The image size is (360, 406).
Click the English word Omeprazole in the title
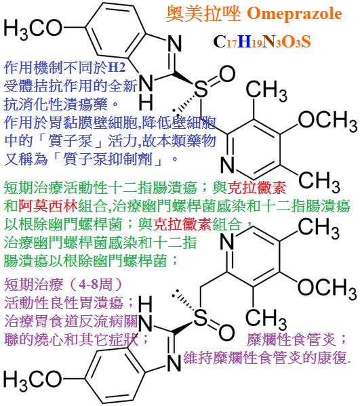pyautogui.click(x=294, y=13)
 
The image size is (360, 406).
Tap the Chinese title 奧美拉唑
pyautogui.click(x=203, y=13)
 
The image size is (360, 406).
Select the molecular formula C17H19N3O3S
pyautogui.click(x=262, y=41)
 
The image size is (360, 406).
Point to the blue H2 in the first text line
pyautogui.click(x=117, y=67)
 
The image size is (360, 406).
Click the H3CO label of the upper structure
pyautogui.click(x=33, y=28)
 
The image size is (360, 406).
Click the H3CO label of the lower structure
pyautogui.click(x=33, y=380)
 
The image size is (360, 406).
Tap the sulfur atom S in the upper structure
pyautogui.click(x=201, y=89)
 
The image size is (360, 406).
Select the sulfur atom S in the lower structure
pyautogui.click(x=201, y=317)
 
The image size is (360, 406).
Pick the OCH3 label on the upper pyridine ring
pyautogui.click(x=327, y=121)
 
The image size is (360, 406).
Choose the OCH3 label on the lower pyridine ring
pyautogui.click(x=327, y=288)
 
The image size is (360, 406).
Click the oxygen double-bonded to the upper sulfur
pyautogui.click(x=227, y=74)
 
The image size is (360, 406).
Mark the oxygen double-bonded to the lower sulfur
pyautogui.click(x=226, y=332)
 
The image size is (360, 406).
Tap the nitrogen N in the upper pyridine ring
pyautogui.click(x=227, y=165)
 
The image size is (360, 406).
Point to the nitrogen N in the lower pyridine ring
pyautogui.click(x=227, y=241)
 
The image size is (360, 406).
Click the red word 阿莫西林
pyautogui.click(x=48, y=206)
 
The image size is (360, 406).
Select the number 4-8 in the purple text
pyautogui.click(x=89, y=285)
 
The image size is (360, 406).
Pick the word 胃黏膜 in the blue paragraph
pyautogui.click(x=71, y=122)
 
